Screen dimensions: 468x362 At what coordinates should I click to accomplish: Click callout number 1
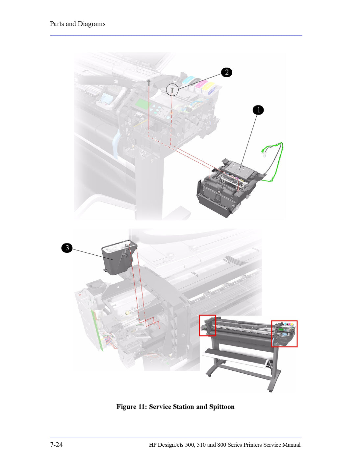[258, 110]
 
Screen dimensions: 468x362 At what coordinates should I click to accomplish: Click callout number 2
[226, 72]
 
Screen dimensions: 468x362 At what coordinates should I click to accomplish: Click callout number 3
[67, 248]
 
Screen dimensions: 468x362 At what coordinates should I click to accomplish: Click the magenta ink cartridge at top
[201, 84]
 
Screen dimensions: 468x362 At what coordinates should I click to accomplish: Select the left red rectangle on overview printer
[208, 325]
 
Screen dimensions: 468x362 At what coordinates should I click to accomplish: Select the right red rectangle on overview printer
[284, 334]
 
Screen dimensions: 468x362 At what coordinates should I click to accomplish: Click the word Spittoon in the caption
[222, 407]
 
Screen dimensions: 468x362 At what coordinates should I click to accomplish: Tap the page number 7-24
[56, 445]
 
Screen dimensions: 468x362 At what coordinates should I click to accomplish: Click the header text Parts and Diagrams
[78, 24]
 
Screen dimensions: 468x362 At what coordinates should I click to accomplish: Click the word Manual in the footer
[291, 445]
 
